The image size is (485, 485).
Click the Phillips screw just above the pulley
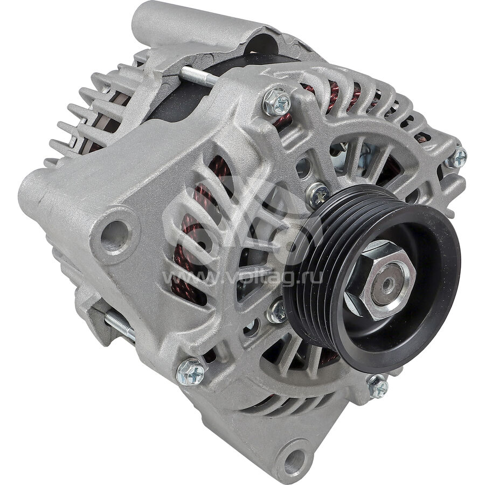[x=317, y=195]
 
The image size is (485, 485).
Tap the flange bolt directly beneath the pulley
[x=378, y=386]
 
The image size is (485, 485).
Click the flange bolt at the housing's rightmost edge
[x=456, y=158]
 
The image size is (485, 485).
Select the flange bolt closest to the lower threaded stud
[x=191, y=372]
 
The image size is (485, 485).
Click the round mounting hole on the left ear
[x=114, y=232]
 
